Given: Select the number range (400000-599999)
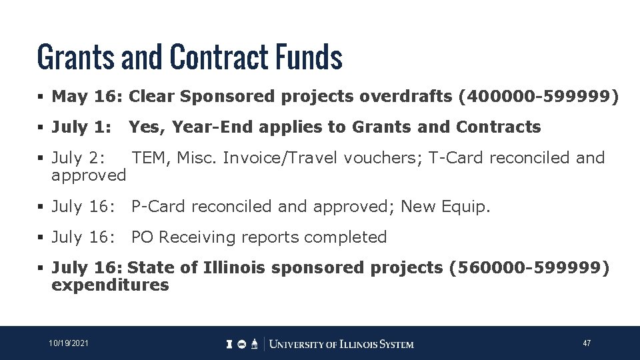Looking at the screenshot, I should pyautogui.click(x=539, y=97).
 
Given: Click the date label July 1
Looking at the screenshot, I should pyautogui.click(x=81, y=127).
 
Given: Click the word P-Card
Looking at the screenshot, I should pyautogui.click(x=159, y=207).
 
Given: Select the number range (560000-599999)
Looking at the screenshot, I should pyautogui.click(x=529, y=267).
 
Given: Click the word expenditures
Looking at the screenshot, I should pyautogui.click(x=110, y=285).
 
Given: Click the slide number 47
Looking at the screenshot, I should pyautogui.click(x=587, y=343).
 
